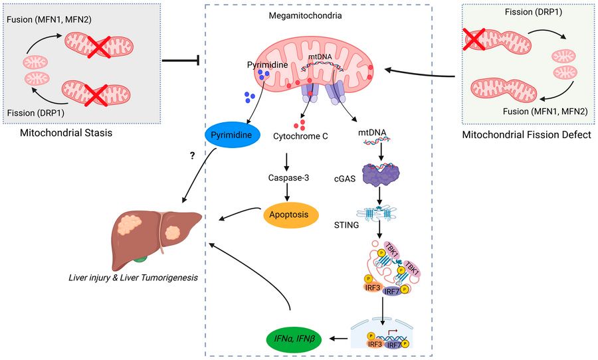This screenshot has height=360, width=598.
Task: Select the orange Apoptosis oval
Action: pos(289,215)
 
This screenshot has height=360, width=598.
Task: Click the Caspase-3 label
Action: pos(288,178)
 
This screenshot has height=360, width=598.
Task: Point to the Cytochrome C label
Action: pos(300,136)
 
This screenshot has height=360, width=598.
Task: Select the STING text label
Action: pos(346,225)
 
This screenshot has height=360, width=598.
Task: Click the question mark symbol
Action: pos(192,155)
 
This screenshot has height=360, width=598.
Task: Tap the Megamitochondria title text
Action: pos(305,16)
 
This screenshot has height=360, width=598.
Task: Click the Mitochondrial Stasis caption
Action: pos(66,133)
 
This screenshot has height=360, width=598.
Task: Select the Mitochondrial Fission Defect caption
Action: pos(527,135)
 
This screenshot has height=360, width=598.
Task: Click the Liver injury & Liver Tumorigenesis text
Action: pos(133,278)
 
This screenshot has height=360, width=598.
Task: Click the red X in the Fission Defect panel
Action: pos(474,39)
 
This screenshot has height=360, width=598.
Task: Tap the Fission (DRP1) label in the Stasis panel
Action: pos(35,113)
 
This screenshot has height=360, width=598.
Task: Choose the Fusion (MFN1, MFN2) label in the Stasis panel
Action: pos(49,19)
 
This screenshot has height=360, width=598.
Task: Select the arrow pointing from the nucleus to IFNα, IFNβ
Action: pos(338,338)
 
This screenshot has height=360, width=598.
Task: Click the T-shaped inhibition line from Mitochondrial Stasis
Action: pos(181,60)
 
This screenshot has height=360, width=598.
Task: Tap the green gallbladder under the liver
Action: pos(140,259)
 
